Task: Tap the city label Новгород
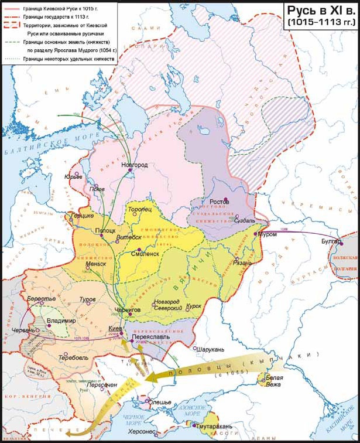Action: click(135, 165)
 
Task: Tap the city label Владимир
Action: click(61, 322)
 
